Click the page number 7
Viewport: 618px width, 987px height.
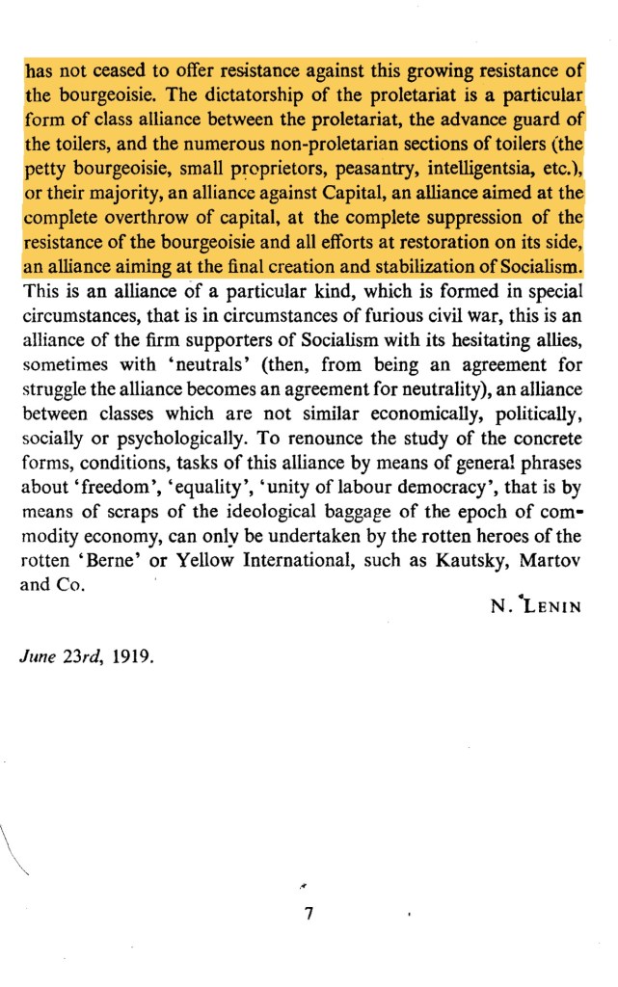[x=309, y=915]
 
